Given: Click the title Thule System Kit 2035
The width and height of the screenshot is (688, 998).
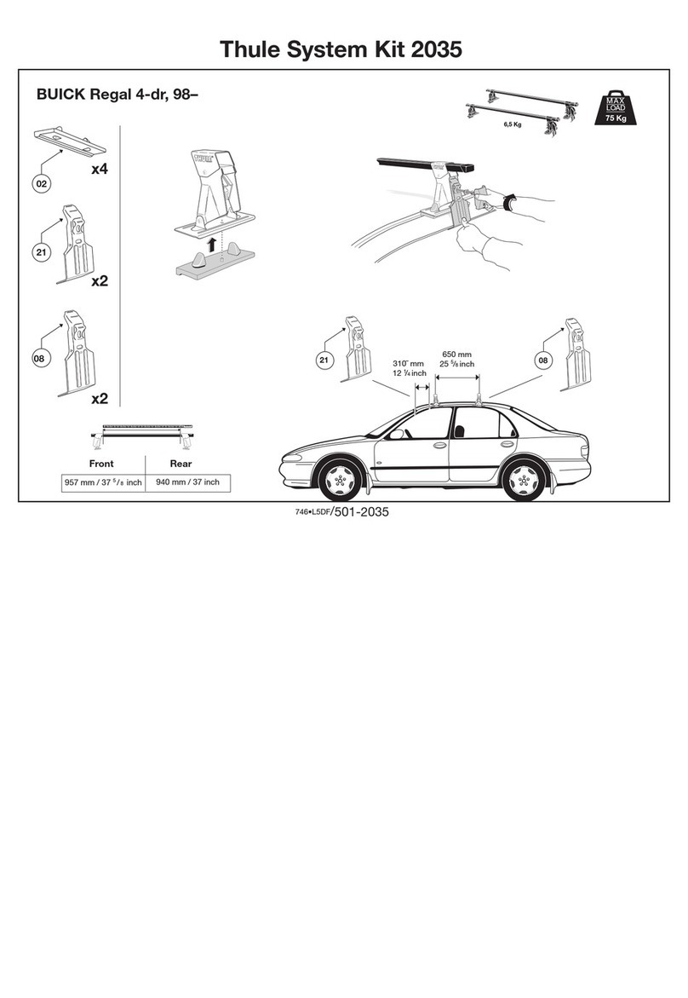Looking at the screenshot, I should pyautogui.click(x=341, y=50).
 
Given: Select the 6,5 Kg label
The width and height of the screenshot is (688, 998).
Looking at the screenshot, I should pyautogui.click(x=512, y=124).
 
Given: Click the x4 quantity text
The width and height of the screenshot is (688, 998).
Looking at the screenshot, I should pyautogui.click(x=100, y=170).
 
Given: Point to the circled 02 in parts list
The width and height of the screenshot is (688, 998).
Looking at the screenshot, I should pyautogui.click(x=40, y=183).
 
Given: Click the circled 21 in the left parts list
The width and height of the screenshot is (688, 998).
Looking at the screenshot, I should pyautogui.click(x=40, y=251).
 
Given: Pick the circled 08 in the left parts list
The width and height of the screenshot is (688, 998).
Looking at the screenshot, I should pyautogui.click(x=40, y=359).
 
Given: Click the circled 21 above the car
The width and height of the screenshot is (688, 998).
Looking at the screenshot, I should pyautogui.click(x=324, y=361).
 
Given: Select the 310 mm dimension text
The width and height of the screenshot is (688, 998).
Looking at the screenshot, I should pyautogui.click(x=408, y=363).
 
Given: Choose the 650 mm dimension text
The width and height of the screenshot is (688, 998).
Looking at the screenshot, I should pyautogui.click(x=458, y=354).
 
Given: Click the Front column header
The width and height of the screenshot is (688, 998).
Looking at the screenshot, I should pyautogui.click(x=101, y=464).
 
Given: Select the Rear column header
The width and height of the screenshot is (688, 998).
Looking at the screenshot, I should pyautogui.click(x=181, y=464).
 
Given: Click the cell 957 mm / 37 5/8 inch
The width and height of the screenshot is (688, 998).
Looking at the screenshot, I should pyautogui.click(x=102, y=482).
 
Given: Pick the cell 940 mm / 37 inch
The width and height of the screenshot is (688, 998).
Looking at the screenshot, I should pyautogui.click(x=187, y=482).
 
